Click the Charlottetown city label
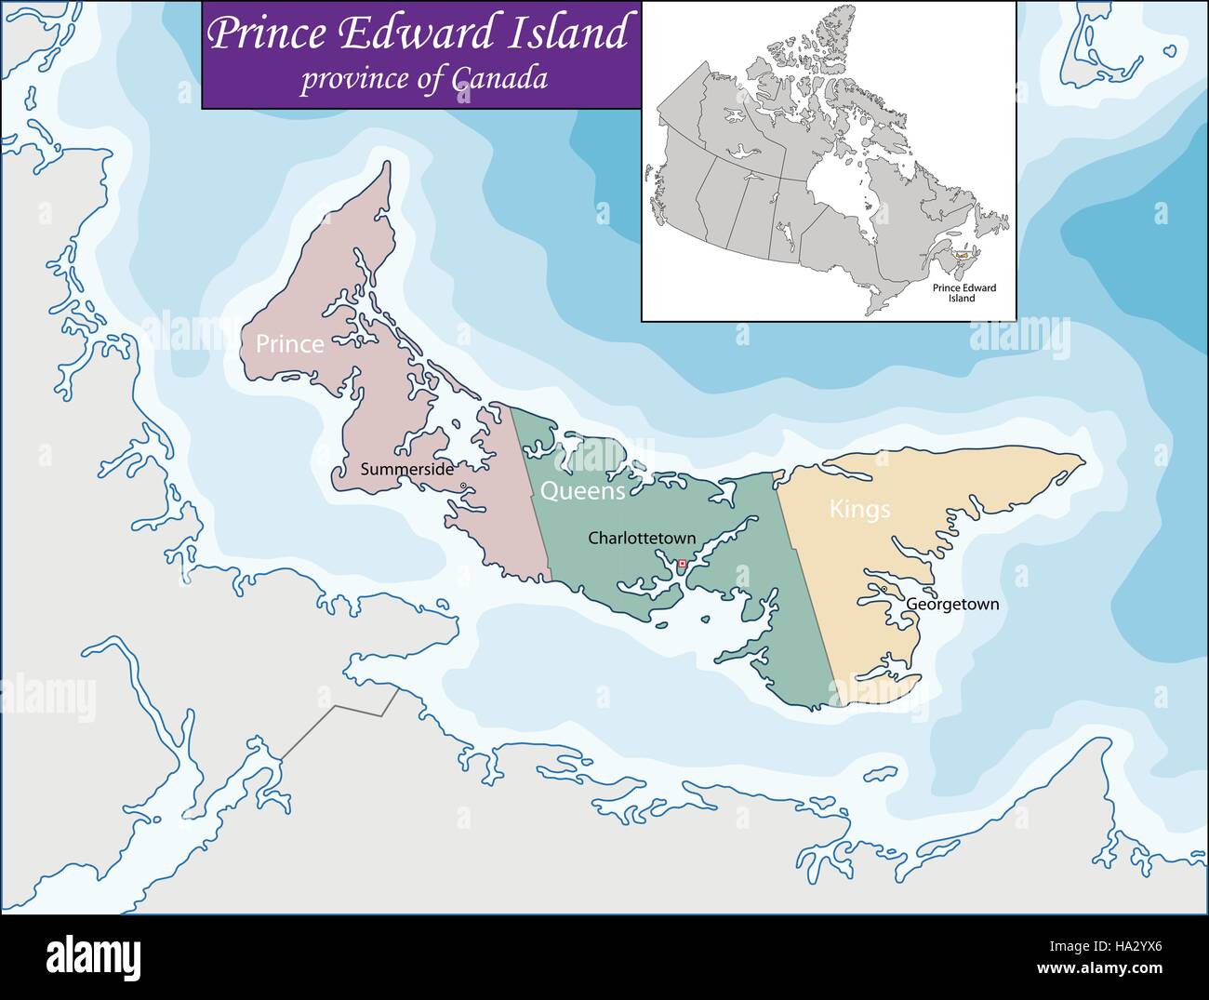point(642,538)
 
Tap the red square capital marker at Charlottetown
point(682,564)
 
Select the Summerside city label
point(407,470)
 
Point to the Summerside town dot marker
point(462,486)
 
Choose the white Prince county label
point(290,344)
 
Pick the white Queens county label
point(583,491)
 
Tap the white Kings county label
point(859,509)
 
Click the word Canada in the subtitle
point(499,80)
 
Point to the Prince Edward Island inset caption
point(964,293)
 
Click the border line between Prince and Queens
point(530,493)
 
